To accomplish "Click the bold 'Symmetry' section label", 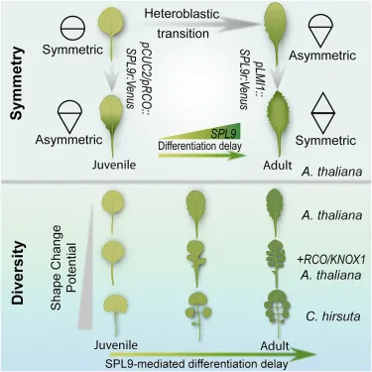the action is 17,83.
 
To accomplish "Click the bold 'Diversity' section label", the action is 17,273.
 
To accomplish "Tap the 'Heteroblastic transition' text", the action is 183,23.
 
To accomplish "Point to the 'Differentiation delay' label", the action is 200,146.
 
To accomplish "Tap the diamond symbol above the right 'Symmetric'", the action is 323,112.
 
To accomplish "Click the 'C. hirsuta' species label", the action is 331,316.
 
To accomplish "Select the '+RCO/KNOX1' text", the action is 332,260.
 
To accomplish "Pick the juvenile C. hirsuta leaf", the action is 115,315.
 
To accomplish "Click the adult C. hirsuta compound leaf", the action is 277,315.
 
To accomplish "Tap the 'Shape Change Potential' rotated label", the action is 63,267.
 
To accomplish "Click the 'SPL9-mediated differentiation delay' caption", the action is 196,364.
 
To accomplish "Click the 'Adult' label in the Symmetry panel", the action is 278,165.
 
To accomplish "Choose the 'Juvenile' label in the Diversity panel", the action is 115,345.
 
